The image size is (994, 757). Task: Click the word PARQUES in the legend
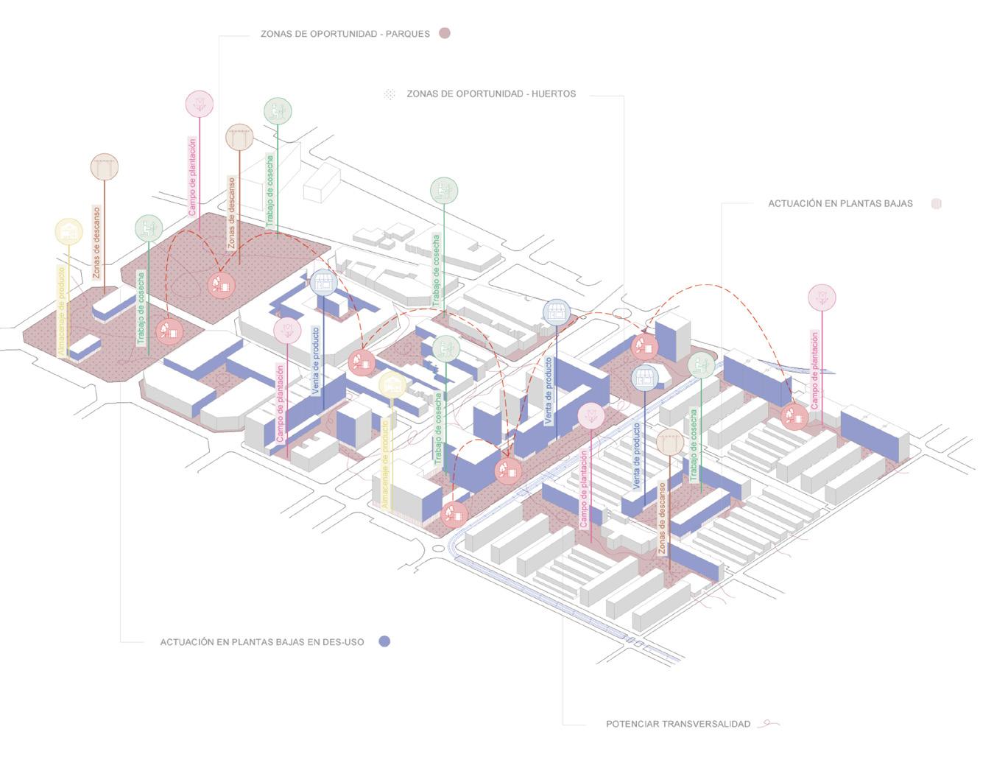pos(407,34)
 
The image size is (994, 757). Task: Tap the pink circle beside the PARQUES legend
pos(444,33)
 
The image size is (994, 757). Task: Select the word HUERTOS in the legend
pos(552,94)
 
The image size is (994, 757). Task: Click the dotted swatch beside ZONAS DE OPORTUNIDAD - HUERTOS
pos(390,94)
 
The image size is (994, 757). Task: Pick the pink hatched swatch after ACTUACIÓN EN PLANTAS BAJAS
pos(937,204)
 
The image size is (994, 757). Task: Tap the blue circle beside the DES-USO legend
pos(384,641)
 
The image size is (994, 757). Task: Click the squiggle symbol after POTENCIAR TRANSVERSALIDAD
pos(769,724)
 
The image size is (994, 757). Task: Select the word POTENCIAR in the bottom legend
pos(632,725)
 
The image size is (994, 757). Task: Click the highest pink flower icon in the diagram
pos(200,104)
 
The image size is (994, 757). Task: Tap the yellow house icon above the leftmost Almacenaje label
pos(69,232)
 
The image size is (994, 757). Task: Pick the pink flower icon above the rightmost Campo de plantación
pos(822,297)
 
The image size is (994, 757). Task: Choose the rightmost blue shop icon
pos(645,378)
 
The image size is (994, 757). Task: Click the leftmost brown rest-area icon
pos(105,167)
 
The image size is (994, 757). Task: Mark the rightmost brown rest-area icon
pos(669,442)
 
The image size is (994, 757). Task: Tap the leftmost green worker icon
pos(149,228)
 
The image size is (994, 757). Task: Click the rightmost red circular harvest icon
pos(795,417)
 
